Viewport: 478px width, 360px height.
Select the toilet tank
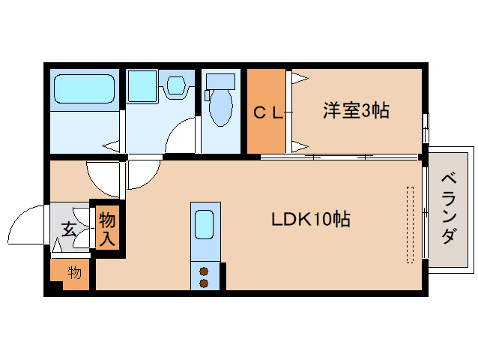pyautogui.click(x=220, y=81)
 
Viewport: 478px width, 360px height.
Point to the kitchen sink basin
pyautogui.click(x=205, y=223)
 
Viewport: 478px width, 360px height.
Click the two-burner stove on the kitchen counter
pyautogui.click(x=204, y=277)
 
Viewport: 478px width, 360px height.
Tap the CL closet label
pyautogui.click(x=267, y=113)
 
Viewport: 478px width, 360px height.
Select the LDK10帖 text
pyautogui.click(x=311, y=220)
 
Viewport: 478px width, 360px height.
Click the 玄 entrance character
pyautogui.click(x=68, y=229)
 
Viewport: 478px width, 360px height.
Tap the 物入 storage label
pyautogui.click(x=107, y=229)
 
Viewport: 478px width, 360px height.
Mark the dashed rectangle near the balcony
pyautogui.click(x=409, y=224)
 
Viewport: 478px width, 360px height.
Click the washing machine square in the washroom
pyautogui.click(x=140, y=86)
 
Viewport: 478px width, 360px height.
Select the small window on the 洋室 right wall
pyautogui.click(x=425, y=127)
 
